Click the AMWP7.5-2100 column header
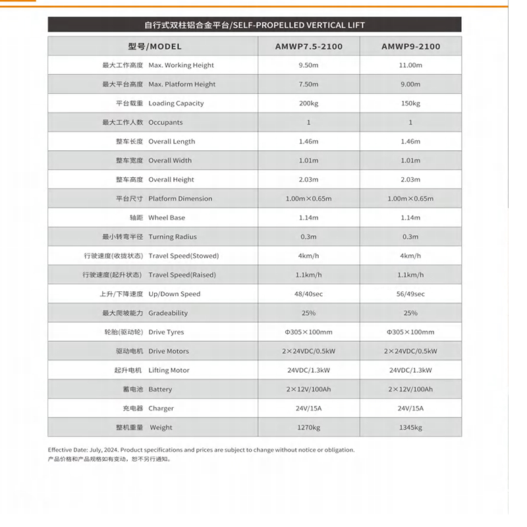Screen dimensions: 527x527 click(x=308, y=47)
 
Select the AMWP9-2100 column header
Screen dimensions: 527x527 click(x=410, y=47)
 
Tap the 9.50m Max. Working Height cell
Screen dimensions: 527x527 click(x=308, y=65)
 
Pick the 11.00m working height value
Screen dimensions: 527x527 click(x=410, y=65)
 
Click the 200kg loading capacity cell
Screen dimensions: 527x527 click(x=308, y=103)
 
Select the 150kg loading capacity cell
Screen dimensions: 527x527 click(x=410, y=103)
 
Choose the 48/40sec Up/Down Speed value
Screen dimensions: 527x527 click(x=308, y=294)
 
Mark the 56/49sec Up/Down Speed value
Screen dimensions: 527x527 click(x=410, y=294)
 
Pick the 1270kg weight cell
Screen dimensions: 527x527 click(x=308, y=428)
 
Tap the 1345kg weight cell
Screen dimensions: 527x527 click(x=410, y=428)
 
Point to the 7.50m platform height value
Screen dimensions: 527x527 click(x=308, y=84)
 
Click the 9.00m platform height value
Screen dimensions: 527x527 click(x=410, y=84)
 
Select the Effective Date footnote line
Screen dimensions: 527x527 click(x=201, y=450)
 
